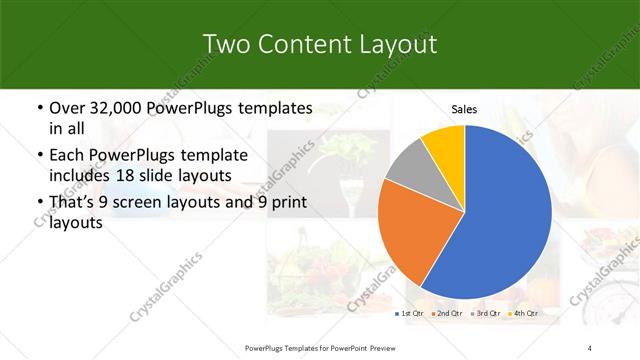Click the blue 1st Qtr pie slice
[x=500, y=220]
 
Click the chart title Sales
[x=464, y=109]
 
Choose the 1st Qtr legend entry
[x=409, y=314]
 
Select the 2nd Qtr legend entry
[x=447, y=314]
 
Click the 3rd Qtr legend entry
[x=485, y=314]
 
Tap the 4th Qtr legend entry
[x=523, y=314]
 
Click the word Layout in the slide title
[x=393, y=44]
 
